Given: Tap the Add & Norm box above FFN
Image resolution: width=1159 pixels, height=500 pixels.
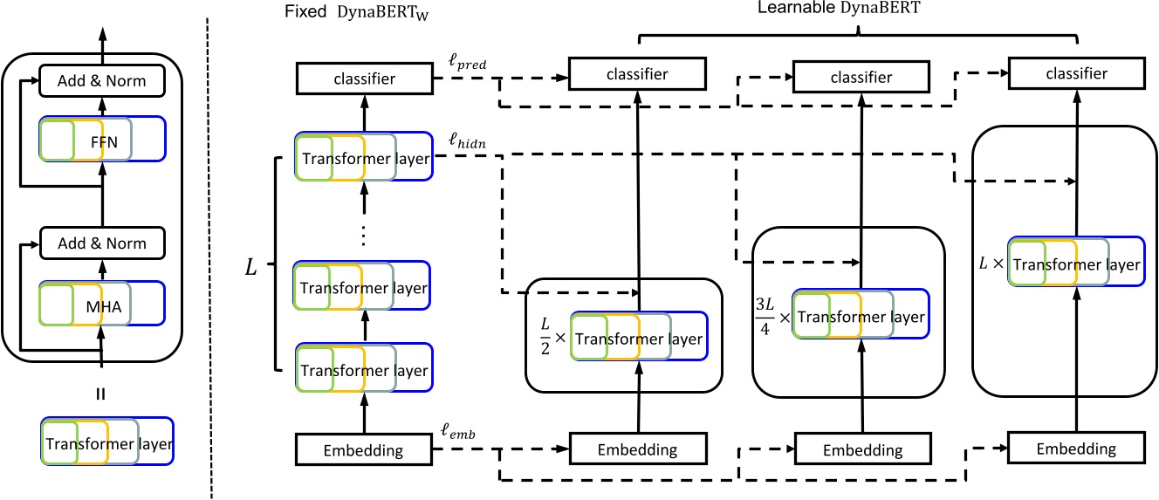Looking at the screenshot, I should tap(102, 81).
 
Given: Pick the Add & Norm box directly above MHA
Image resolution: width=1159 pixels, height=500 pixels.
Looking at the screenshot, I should tap(102, 243).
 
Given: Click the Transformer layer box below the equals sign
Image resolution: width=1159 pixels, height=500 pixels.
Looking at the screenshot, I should tap(107, 442).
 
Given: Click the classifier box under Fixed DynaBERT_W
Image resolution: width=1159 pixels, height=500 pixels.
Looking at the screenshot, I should tap(363, 79).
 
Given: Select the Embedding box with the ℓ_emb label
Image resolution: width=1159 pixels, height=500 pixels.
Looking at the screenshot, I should tap(363, 451).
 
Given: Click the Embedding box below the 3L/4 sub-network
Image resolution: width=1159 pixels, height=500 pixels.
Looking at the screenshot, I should tap(863, 450).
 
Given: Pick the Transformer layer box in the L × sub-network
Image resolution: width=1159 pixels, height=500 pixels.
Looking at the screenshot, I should tap(1074, 261).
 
